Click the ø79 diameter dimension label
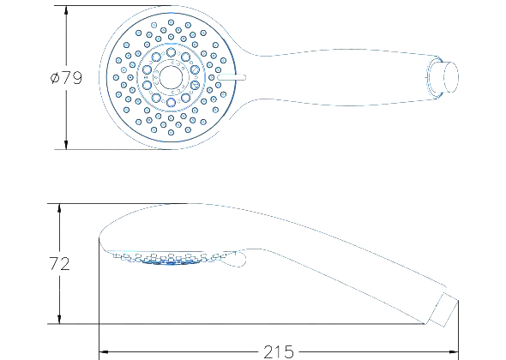[x=67, y=77]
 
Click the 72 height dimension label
[x=59, y=263]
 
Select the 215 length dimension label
[x=279, y=352]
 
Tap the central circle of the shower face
[x=171, y=77]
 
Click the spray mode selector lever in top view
[x=232, y=77]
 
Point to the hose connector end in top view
[x=450, y=77]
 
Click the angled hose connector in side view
[x=443, y=309]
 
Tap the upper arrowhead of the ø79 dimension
[x=66, y=10]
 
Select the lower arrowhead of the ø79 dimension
[x=66, y=145]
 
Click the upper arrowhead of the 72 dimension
[x=59, y=208]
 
